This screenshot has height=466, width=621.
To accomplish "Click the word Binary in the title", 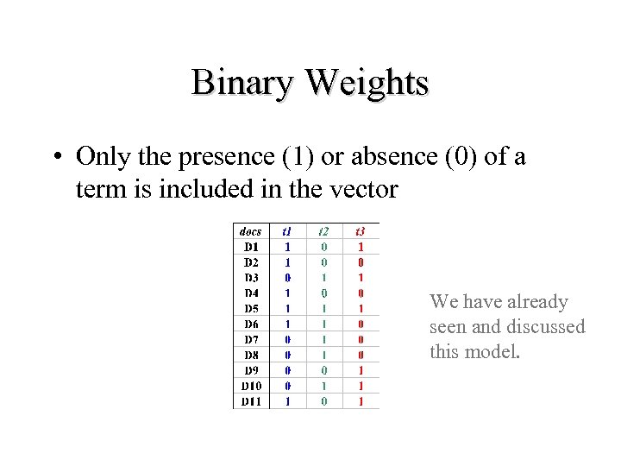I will [x=243, y=83].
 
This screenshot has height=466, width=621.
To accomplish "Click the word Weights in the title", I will [x=367, y=83].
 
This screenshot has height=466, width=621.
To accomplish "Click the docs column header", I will [x=250, y=231].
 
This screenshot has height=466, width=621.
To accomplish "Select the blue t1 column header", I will [x=286, y=231].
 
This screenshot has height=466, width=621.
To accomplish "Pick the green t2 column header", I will [x=323, y=231].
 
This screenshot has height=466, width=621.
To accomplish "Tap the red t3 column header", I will [x=361, y=231].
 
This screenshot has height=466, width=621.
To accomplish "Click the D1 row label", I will [x=251, y=247].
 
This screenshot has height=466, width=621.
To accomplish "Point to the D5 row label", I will [x=251, y=308].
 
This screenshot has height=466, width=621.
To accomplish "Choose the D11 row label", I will [x=251, y=401].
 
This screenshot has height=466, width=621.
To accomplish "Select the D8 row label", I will [x=251, y=355].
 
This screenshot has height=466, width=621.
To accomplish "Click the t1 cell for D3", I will [x=287, y=277].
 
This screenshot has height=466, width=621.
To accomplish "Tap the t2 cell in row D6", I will [x=323, y=324].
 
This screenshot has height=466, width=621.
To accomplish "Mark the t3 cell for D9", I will [x=361, y=370].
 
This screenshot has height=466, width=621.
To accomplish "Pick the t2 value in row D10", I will [x=323, y=386].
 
